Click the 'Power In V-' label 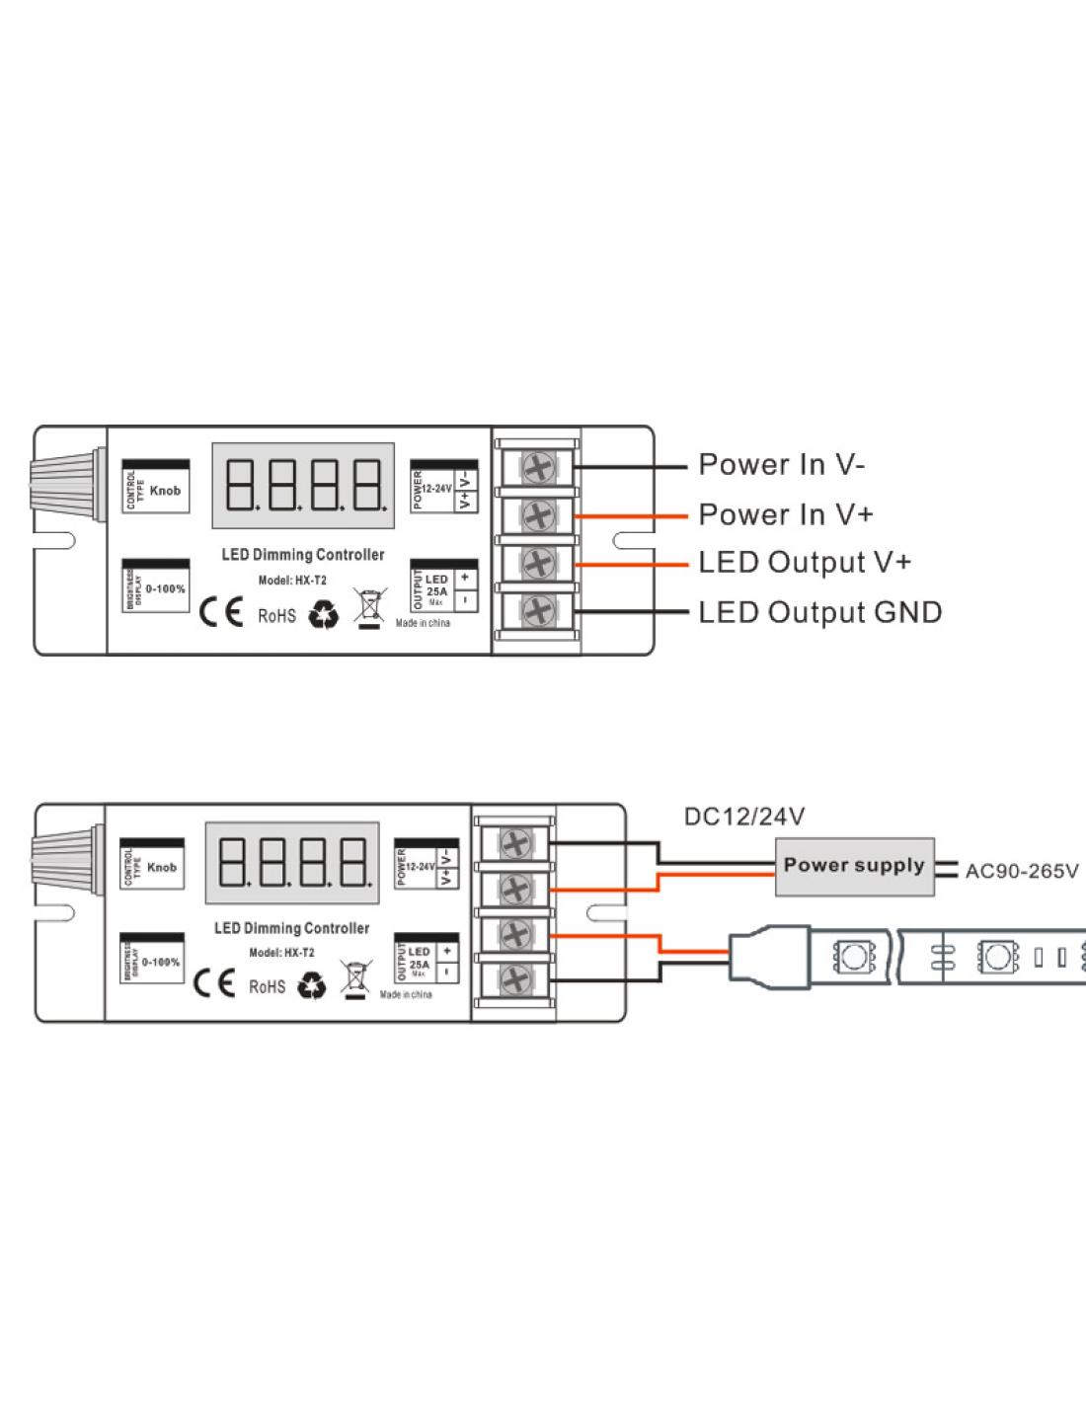coord(781,464)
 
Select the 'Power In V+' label coord(785,513)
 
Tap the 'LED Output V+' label coord(804,563)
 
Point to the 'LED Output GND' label coord(819,612)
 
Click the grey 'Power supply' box coord(854,866)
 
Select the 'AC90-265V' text coord(1021,872)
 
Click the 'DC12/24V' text coord(744,817)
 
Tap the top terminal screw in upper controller coord(536,467)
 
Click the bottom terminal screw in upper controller coord(536,611)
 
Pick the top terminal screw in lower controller coord(513,843)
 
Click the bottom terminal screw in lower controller coord(513,979)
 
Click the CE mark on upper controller coord(220,613)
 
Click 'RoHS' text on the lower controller coord(267,986)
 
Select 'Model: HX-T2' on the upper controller coord(292,581)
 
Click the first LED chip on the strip coord(851,957)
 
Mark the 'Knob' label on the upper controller coord(165,491)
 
